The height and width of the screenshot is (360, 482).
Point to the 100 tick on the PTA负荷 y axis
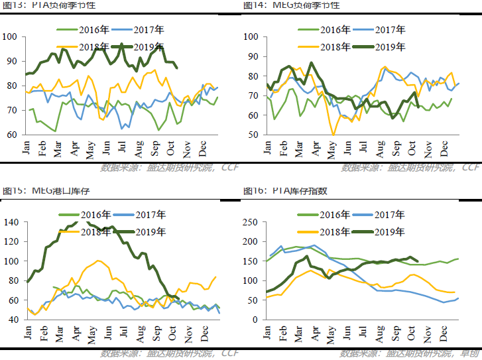[x=12, y=36]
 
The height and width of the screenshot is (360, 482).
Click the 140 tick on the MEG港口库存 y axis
[x=12, y=222]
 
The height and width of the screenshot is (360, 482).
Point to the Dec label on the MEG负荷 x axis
[x=444, y=147]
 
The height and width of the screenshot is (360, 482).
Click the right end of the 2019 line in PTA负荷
[x=176, y=68]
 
